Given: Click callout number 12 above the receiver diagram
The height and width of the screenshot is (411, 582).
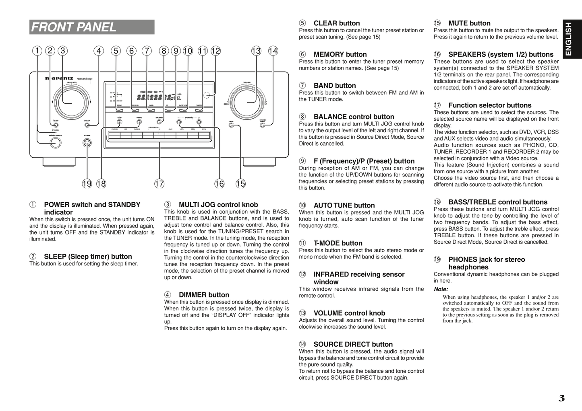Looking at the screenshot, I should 216,51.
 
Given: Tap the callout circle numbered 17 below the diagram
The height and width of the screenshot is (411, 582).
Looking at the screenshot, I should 159,184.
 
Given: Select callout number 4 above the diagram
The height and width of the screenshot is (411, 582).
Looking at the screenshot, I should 99,51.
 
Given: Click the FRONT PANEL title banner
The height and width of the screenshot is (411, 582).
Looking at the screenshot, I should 92,27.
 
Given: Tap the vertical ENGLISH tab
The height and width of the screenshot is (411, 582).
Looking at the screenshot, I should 568,39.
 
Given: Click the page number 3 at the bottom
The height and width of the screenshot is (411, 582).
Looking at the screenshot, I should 561,399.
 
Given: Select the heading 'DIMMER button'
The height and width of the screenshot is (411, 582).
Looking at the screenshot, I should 204,295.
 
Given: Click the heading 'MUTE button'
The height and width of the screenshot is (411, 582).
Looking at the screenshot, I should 469,23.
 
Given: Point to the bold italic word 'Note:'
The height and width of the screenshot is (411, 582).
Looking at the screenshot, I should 441,289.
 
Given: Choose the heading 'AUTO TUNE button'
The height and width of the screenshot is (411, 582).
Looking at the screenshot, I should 344,205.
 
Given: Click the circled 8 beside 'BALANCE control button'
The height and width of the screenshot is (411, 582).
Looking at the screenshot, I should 302,117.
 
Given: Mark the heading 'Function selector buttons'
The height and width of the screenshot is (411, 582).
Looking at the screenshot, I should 490,105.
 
